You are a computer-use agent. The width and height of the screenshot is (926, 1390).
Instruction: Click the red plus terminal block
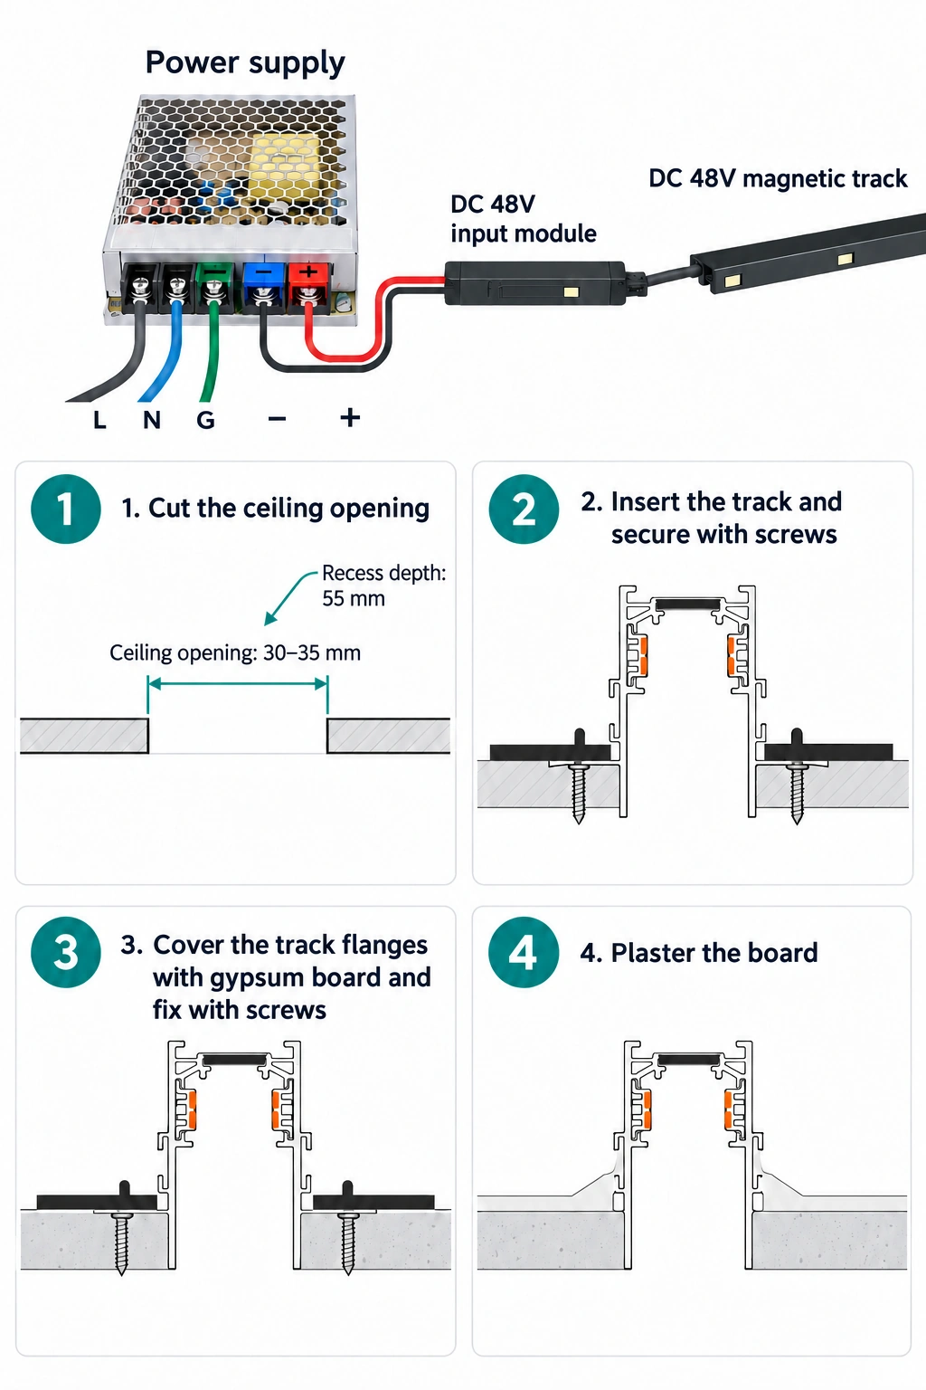[307, 285]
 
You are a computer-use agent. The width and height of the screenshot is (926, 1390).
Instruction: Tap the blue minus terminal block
[264, 285]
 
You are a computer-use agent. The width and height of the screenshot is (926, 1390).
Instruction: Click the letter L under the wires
[99, 420]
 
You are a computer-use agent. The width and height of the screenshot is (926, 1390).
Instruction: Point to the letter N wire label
[152, 420]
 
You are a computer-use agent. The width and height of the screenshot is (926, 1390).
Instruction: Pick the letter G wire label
[206, 420]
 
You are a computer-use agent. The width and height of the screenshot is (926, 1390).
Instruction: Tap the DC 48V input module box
[535, 282]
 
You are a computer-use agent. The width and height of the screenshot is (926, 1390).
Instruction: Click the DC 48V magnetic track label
[778, 178]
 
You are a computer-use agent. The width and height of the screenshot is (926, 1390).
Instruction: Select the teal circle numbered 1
[66, 509]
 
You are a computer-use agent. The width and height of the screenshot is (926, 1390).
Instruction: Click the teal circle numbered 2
[524, 509]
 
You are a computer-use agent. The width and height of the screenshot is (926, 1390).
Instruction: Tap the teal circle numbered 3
[66, 953]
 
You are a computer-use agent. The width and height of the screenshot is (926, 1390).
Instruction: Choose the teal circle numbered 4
[524, 953]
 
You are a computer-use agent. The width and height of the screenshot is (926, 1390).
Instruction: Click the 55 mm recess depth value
[354, 599]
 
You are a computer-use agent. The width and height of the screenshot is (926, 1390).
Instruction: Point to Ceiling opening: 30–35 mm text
[235, 652]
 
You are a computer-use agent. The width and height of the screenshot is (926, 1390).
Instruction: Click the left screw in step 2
[579, 791]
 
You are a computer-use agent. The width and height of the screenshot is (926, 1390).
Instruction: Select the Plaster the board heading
[700, 953]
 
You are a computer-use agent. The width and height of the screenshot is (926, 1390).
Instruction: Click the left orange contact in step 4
[646, 1109]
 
